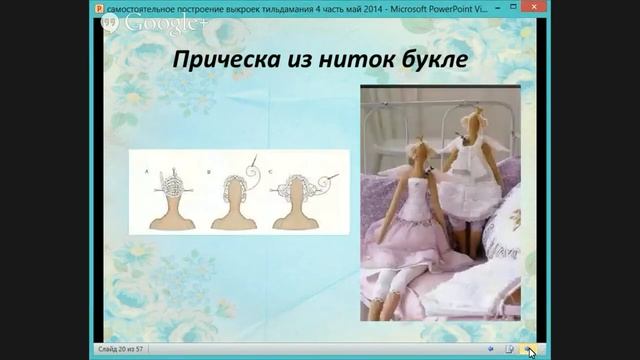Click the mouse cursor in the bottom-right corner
click(532, 351)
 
